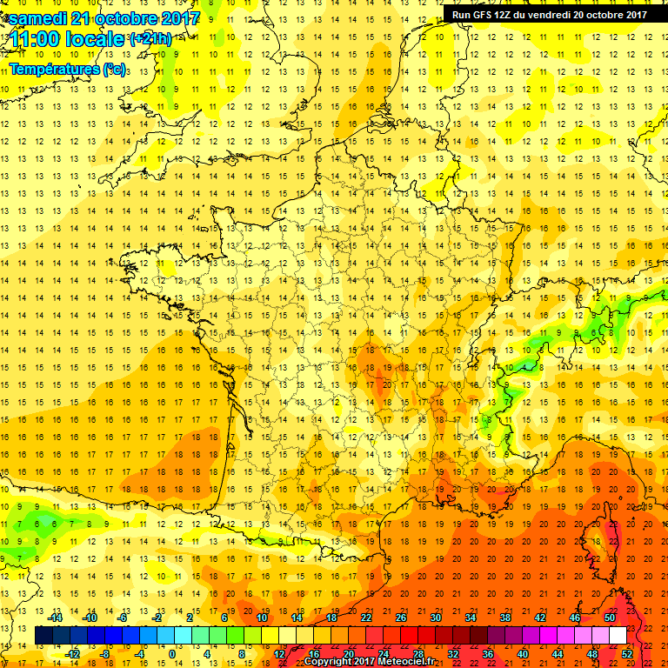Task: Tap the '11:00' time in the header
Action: pos(34,40)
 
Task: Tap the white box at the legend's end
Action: pos(618,636)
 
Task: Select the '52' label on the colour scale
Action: pos(626,654)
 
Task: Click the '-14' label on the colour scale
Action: pos(56,618)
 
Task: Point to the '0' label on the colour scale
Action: pos(172,654)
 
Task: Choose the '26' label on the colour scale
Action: pos(400,618)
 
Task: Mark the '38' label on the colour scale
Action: pos(504,618)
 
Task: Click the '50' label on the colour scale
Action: pos(609,618)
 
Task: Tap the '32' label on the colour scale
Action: pos(452,654)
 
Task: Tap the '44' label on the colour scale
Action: pos(557,654)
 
